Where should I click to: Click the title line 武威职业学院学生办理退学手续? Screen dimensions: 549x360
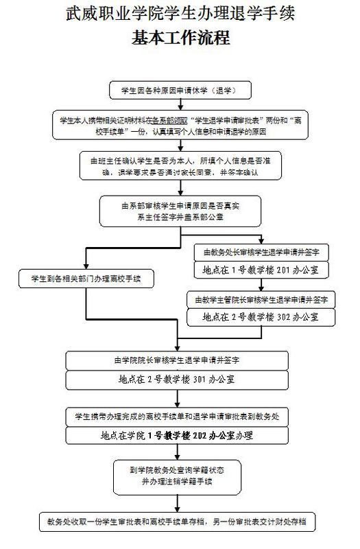coord(180,13)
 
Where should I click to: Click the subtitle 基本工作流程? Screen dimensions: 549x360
coord(180,38)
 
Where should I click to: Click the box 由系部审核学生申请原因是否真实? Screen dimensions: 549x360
coord(180,212)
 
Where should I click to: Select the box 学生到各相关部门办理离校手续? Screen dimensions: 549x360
coord(86,278)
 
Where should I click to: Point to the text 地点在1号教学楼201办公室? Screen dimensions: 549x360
coord(260,269)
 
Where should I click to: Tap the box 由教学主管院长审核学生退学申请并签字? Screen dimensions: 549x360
coord(260,300)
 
